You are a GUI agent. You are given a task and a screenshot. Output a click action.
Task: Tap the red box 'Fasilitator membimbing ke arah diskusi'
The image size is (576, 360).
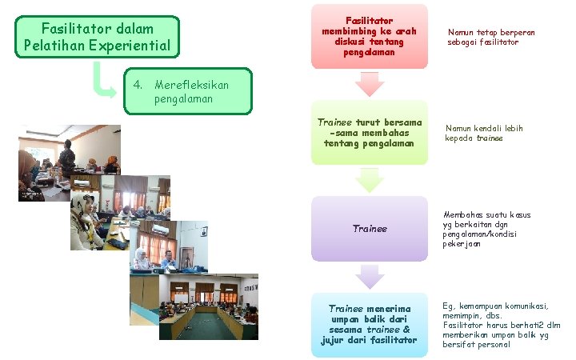(x=369, y=35)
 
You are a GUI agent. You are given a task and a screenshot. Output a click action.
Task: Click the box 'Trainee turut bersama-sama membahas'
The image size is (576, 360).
(x=369, y=132)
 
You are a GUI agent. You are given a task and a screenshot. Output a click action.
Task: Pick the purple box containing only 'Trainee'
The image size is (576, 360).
(x=369, y=229)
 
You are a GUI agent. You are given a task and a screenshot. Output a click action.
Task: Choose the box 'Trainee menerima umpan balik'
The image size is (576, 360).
(x=369, y=324)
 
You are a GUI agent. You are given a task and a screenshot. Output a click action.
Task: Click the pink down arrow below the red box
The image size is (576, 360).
(x=369, y=84)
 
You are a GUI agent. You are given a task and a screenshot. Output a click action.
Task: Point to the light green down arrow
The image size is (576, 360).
(x=369, y=180)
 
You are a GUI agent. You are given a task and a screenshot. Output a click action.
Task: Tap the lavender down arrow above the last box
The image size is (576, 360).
(x=369, y=277)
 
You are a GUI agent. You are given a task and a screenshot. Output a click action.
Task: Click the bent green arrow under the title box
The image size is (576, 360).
(x=103, y=81)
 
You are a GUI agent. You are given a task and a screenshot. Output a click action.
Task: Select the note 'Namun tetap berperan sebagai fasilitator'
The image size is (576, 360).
(x=491, y=37)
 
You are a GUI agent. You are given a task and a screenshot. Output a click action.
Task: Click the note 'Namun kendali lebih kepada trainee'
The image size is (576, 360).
(x=484, y=133)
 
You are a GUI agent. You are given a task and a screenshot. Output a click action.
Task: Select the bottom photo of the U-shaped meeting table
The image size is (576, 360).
(x=208, y=308)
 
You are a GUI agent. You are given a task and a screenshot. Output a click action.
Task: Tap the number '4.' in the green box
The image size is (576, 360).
(x=138, y=85)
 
